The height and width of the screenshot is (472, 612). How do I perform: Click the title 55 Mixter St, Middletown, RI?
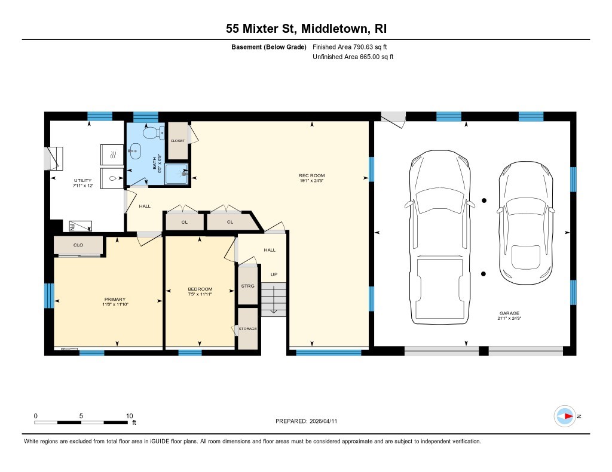point(305,29)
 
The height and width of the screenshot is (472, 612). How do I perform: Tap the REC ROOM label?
point(311,175)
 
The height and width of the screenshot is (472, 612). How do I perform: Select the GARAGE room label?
point(509,313)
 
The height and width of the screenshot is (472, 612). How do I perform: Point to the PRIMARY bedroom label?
point(115,300)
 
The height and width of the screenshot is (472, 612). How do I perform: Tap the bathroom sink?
point(136,151)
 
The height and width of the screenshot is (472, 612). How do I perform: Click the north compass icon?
point(565,416)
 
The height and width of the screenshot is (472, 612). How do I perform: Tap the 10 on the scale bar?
point(129,416)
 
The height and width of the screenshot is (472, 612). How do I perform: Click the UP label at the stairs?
point(274,274)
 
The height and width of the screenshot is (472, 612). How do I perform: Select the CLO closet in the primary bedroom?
point(78,245)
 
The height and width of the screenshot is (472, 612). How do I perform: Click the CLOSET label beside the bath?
point(178,141)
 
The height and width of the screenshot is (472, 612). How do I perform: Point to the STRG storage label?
point(247,286)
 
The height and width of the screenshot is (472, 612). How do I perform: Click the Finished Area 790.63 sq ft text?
point(353,47)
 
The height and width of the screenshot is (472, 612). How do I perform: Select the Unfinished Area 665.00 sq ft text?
point(353,57)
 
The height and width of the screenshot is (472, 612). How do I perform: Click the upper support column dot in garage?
point(484,200)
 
